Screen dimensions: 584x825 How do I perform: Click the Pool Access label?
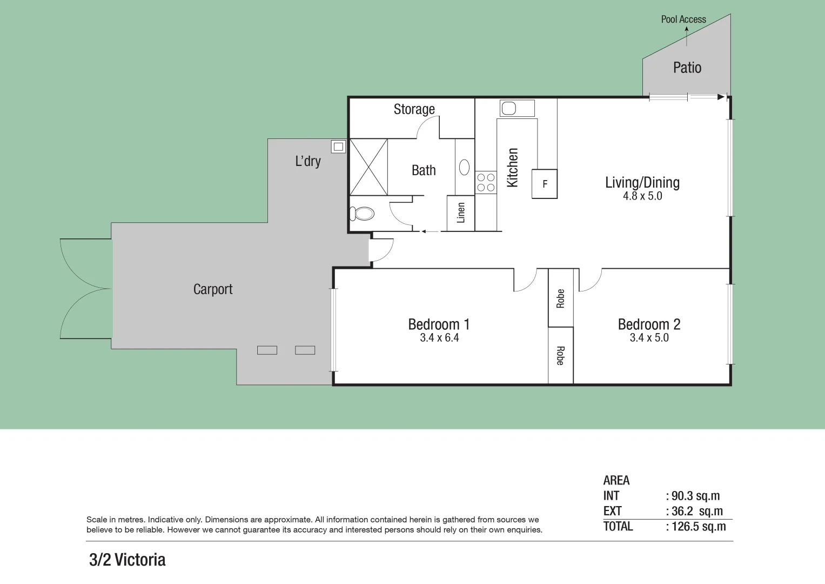point(683,19)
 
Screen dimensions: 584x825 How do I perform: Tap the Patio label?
point(687,68)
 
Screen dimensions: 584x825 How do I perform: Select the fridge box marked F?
point(545,184)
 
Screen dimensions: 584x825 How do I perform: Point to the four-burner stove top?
point(486,182)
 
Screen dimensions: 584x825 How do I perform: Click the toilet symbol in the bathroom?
point(361,214)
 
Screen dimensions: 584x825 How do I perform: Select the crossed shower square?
point(368,167)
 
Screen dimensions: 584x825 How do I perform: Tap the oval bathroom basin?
point(464,168)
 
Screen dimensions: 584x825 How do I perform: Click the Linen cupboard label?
point(460,213)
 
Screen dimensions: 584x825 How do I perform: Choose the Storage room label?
point(414,109)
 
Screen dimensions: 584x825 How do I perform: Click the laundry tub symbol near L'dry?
point(338,146)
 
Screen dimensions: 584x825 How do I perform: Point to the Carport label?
point(212,289)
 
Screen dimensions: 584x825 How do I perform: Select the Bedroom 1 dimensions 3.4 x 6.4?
point(439,338)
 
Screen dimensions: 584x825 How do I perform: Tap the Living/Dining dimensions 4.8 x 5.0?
point(642,196)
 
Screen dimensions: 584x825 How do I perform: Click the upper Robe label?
point(560,298)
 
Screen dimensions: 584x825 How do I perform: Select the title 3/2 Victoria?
point(127,560)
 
